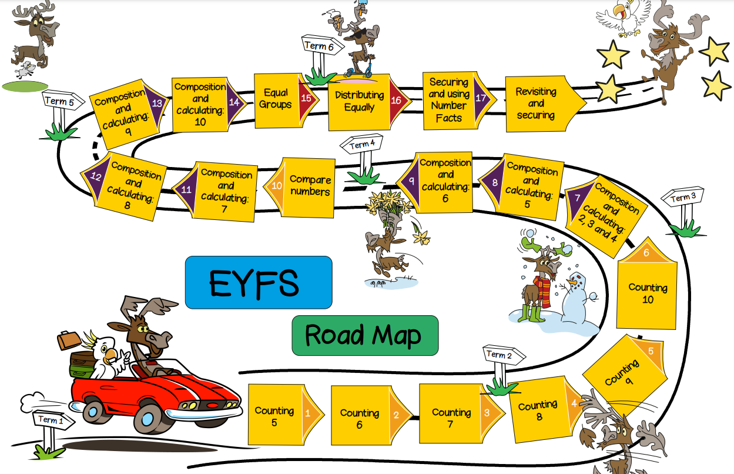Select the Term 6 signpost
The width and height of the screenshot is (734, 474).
click(x=322, y=46)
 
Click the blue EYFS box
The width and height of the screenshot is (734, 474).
click(x=259, y=282)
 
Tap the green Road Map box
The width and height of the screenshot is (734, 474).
click(x=365, y=335)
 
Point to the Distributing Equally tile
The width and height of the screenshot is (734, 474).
click(x=358, y=102)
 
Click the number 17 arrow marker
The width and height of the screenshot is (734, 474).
click(x=481, y=98)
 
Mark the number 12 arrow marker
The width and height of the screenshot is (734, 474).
click(x=96, y=176)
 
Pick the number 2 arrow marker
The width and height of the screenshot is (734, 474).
click(x=396, y=415)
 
